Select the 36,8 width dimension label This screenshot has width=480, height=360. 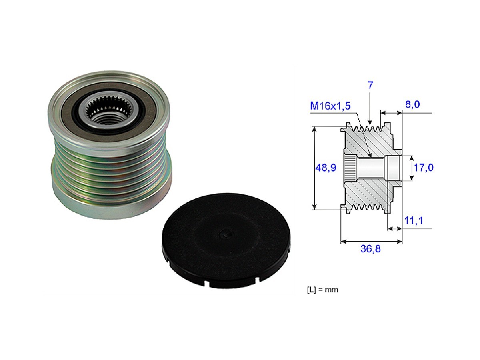tap(370, 249)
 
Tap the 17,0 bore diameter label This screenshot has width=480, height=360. tap(424, 167)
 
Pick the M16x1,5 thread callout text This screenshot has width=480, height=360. tap(330, 106)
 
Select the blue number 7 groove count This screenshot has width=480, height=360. tap(370, 86)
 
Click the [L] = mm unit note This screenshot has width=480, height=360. tap(322, 290)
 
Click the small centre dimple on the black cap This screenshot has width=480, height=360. tap(226, 236)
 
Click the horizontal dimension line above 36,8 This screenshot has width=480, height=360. tap(371, 241)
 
